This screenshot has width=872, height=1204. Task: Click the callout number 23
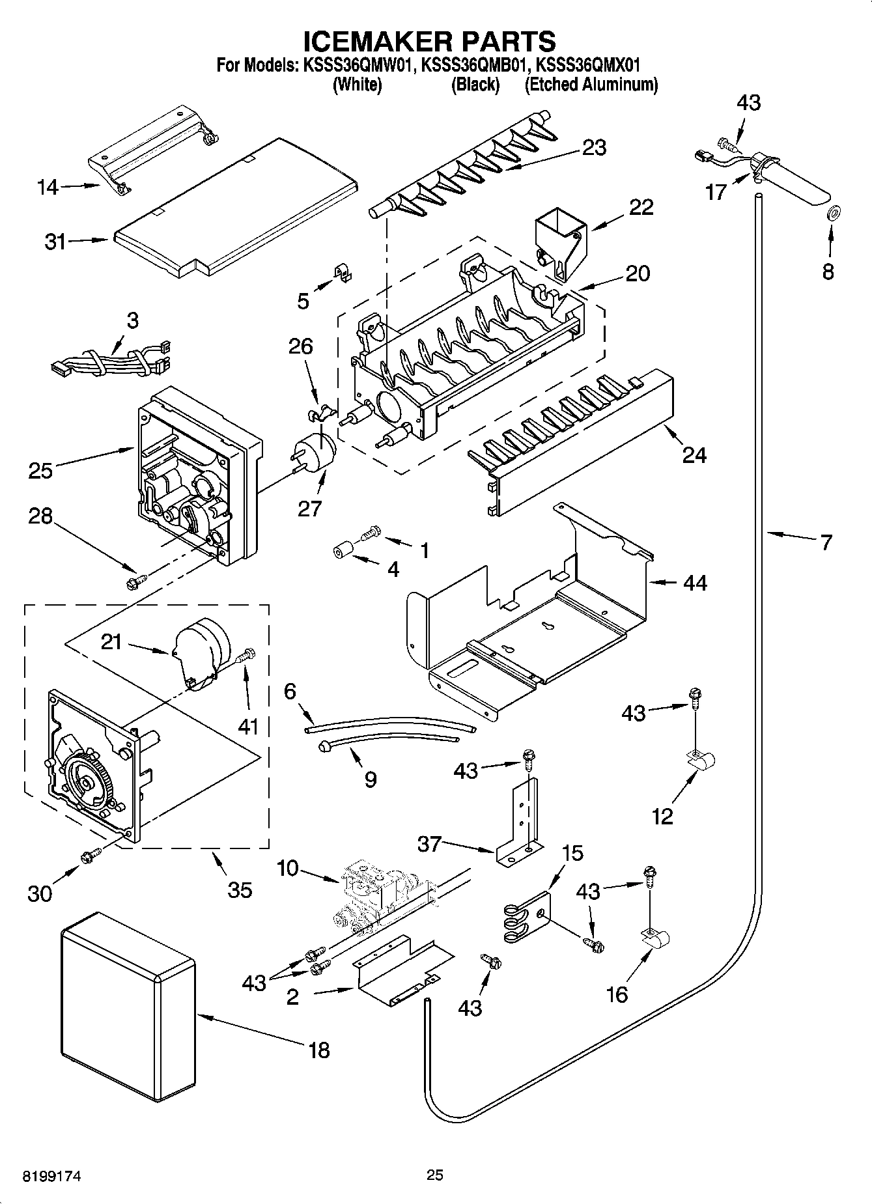(595, 148)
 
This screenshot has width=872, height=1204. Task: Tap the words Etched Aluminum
(591, 85)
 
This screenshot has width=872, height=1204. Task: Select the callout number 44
(695, 583)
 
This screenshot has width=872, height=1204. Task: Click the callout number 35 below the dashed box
(240, 889)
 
